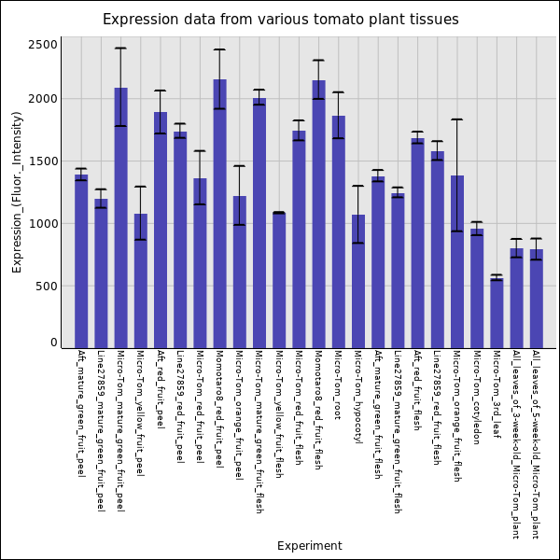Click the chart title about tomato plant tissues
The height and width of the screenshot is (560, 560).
pyautogui.click(x=280, y=20)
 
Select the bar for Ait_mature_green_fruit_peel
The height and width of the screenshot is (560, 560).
pyautogui.click(x=81, y=261)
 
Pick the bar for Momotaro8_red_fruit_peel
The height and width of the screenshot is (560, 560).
pyautogui.click(x=219, y=214)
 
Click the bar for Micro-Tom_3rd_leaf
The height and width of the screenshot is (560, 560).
pyautogui.click(x=497, y=313)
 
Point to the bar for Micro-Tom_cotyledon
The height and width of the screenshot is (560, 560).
pyautogui.click(x=477, y=288)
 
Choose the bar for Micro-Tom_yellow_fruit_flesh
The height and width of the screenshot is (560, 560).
pyautogui.click(x=279, y=280)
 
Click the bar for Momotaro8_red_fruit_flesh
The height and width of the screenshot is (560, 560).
pyautogui.click(x=318, y=214)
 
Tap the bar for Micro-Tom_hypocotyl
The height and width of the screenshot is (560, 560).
pyautogui.click(x=358, y=281)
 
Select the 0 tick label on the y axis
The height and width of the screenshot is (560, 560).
pyautogui.click(x=54, y=343)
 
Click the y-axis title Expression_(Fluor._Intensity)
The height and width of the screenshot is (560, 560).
pyautogui.click(x=17, y=191)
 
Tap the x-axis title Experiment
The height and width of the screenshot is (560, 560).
pyautogui.click(x=309, y=546)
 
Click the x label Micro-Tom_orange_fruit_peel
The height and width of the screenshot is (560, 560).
pyautogui.click(x=239, y=414)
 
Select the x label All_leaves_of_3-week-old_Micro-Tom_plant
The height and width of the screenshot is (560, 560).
pyautogui.click(x=516, y=444)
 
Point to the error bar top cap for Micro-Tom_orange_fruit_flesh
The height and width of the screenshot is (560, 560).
pyautogui.click(x=457, y=119)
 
